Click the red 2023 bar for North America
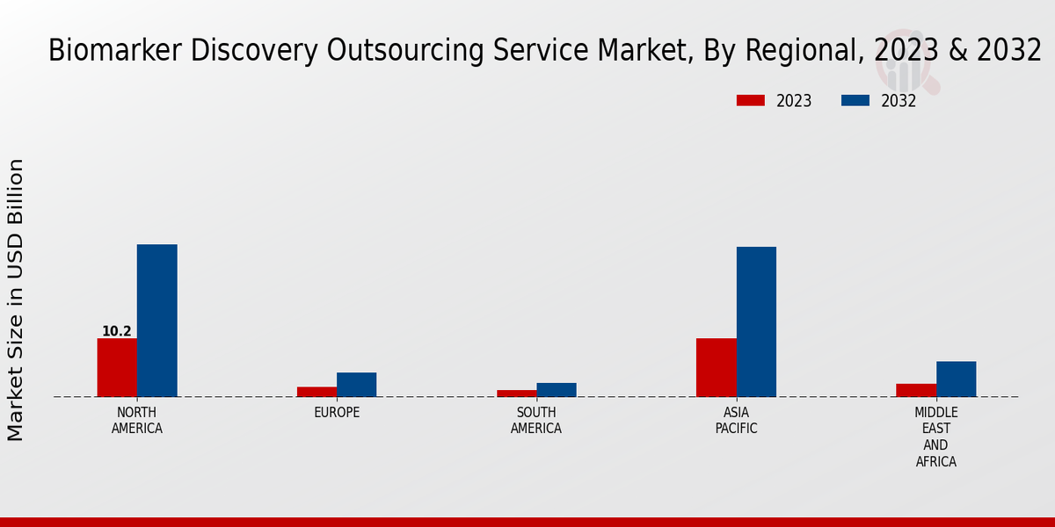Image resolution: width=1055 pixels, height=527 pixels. [x=117, y=367]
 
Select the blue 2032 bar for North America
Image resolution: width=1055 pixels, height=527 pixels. [x=156, y=321]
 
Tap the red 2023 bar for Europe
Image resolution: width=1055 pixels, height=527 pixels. [x=316, y=392]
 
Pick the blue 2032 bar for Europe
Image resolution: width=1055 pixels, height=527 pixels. [x=356, y=385]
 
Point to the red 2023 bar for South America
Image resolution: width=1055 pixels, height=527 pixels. [x=516, y=393]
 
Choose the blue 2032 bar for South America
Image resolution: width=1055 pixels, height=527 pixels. [x=557, y=390]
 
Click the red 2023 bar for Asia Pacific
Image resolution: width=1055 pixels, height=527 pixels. [x=716, y=367]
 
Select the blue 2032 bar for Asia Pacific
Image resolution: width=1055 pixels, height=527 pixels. [x=756, y=321]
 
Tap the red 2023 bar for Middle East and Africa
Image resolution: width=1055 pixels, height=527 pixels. [x=916, y=390]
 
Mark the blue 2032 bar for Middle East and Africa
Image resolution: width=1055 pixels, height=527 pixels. [x=956, y=379]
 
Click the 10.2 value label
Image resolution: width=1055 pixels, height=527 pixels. [x=117, y=331]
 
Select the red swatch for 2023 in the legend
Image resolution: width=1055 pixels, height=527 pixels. [x=751, y=100]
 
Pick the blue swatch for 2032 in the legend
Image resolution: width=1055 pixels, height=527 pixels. [x=855, y=100]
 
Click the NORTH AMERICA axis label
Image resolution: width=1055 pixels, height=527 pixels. [x=137, y=421]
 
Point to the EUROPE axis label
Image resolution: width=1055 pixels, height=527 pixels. [x=337, y=413]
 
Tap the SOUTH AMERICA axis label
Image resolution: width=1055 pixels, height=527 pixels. [x=536, y=421]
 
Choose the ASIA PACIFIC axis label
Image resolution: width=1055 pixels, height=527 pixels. [x=736, y=421]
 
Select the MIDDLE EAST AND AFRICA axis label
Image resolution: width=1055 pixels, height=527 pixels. [x=936, y=437]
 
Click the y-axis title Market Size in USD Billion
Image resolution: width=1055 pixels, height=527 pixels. [x=16, y=299]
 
